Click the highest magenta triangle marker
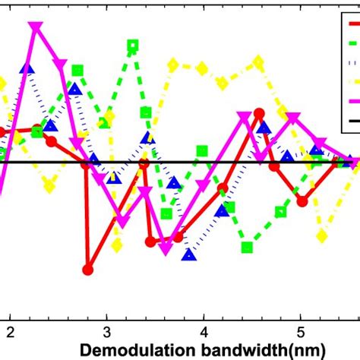click(x=35, y=27)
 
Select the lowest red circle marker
click(x=87, y=269)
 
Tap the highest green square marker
click(x=133, y=46)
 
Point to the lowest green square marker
click(x=247, y=247)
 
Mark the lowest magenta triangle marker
click(x=166, y=248)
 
